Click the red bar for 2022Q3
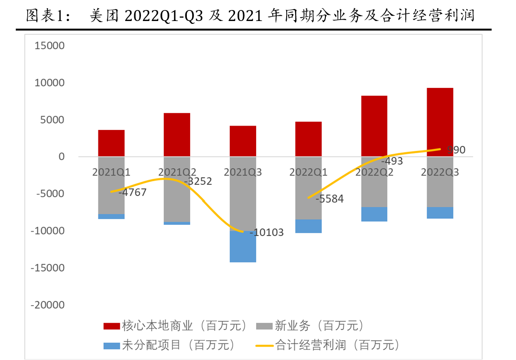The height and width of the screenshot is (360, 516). point(440,122)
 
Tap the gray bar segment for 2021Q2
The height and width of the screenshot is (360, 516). point(177,196)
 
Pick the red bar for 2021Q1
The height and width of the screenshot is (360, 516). point(111,143)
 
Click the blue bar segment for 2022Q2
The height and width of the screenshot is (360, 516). point(374,214)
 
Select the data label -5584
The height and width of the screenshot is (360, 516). point(329,199)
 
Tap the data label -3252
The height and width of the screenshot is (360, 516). point(198,181)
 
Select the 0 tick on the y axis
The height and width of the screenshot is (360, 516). point(61,157)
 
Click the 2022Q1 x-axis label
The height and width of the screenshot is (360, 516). point(308,172)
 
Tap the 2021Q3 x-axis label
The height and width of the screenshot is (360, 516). point(243,172)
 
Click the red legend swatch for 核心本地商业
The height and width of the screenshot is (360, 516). point(111,327)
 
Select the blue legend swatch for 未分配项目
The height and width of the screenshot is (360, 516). point(111,345)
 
